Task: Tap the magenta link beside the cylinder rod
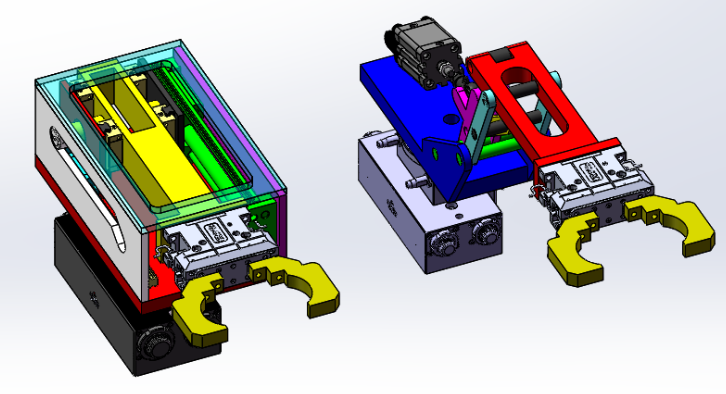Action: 463,110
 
